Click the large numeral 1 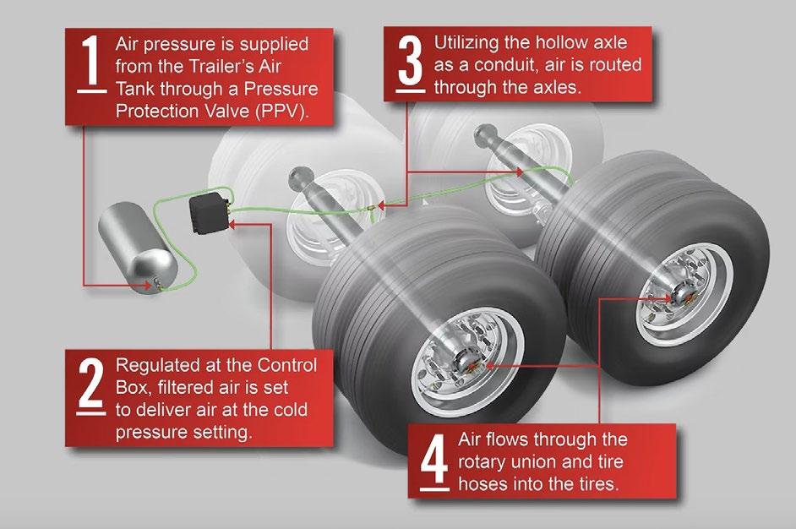(x=91, y=60)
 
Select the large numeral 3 (x=410, y=60)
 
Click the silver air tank (x=137, y=248)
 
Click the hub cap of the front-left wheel (x=466, y=361)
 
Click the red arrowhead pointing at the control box (x=232, y=223)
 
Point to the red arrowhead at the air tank (x=147, y=286)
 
